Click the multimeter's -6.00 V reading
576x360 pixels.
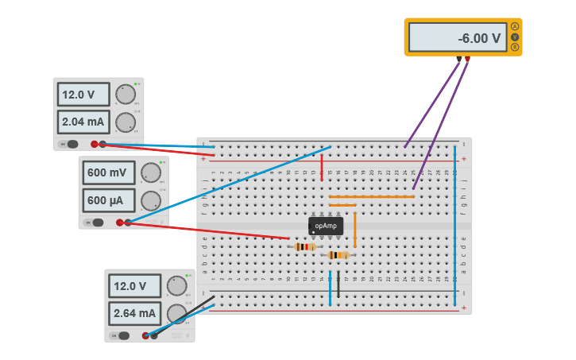(458, 37)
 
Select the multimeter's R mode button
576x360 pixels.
(515, 48)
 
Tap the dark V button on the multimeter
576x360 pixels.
(515, 37)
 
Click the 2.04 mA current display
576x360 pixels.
(83, 122)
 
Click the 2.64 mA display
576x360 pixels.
(135, 313)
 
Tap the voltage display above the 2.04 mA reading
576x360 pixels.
(83, 95)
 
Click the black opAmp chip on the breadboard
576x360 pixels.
(326, 226)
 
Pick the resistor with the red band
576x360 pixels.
(305, 247)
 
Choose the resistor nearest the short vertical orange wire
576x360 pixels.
(338, 255)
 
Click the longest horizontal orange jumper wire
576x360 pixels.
(372, 196)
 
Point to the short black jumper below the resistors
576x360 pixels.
(338, 285)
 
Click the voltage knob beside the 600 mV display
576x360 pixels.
(150, 172)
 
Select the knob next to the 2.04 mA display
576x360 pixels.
(125, 122)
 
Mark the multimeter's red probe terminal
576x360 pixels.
(468, 59)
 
